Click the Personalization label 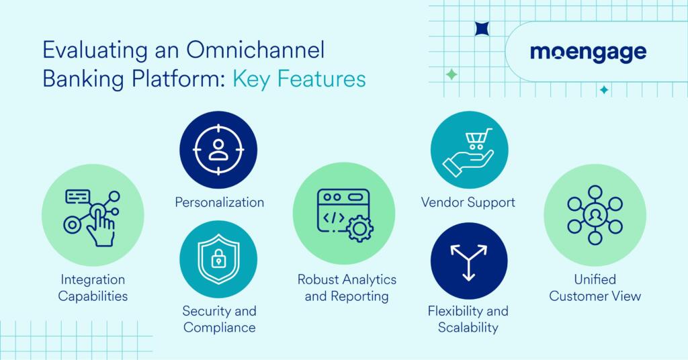point(218,201)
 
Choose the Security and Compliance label point(219,320)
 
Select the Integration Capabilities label point(93,287)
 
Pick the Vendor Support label point(468,201)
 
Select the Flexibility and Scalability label point(468,320)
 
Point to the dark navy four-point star point(482,29)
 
